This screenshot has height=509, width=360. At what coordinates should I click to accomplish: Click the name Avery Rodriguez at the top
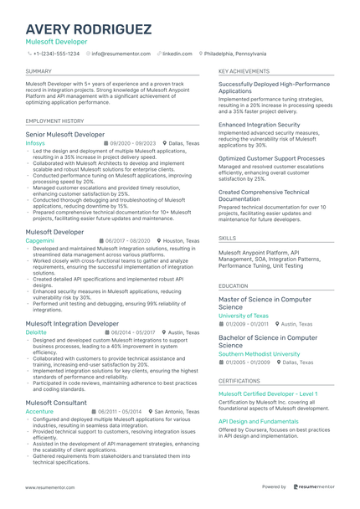click(x=89, y=29)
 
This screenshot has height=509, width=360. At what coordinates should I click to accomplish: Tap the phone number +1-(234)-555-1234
click(x=56, y=53)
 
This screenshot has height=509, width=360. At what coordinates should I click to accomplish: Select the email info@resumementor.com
click(x=121, y=53)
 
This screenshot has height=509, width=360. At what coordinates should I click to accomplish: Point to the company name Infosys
click(x=35, y=143)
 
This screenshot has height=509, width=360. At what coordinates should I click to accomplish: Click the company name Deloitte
click(x=36, y=332)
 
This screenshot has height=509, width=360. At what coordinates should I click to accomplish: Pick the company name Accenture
click(x=39, y=412)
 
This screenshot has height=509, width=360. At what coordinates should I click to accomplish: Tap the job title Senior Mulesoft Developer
click(x=65, y=134)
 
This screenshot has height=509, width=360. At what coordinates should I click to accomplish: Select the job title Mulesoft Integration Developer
click(x=72, y=323)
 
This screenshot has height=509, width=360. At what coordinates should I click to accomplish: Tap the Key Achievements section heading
click(x=244, y=72)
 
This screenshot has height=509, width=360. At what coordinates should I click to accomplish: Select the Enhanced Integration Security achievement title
click(x=259, y=125)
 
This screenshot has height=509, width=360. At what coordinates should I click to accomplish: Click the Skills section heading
click(x=227, y=238)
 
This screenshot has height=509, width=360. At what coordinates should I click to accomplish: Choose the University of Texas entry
click(x=244, y=316)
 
